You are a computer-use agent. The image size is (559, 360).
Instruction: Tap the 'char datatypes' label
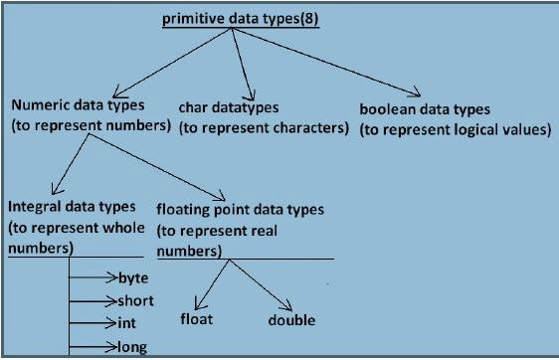pos(243,106)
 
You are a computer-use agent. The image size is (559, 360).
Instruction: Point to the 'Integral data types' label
pos(73,207)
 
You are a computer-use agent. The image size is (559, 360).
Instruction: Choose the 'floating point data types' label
pos(240,210)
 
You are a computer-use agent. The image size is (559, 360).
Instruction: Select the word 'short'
pos(135,300)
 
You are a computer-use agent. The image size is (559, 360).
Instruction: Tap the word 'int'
pos(127,323)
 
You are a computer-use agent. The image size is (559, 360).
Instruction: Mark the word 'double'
pos(291,319)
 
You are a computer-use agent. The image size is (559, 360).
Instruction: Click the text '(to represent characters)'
pos(264,127)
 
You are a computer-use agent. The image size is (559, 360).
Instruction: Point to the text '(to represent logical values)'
pos(455,128)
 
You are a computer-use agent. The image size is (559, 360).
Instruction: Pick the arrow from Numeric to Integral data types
pos(70,164)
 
